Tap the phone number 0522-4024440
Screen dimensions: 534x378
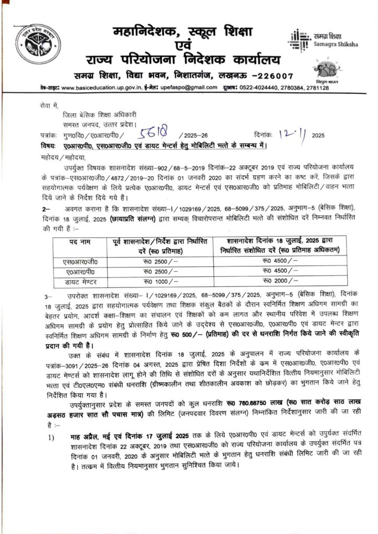[274, 88]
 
